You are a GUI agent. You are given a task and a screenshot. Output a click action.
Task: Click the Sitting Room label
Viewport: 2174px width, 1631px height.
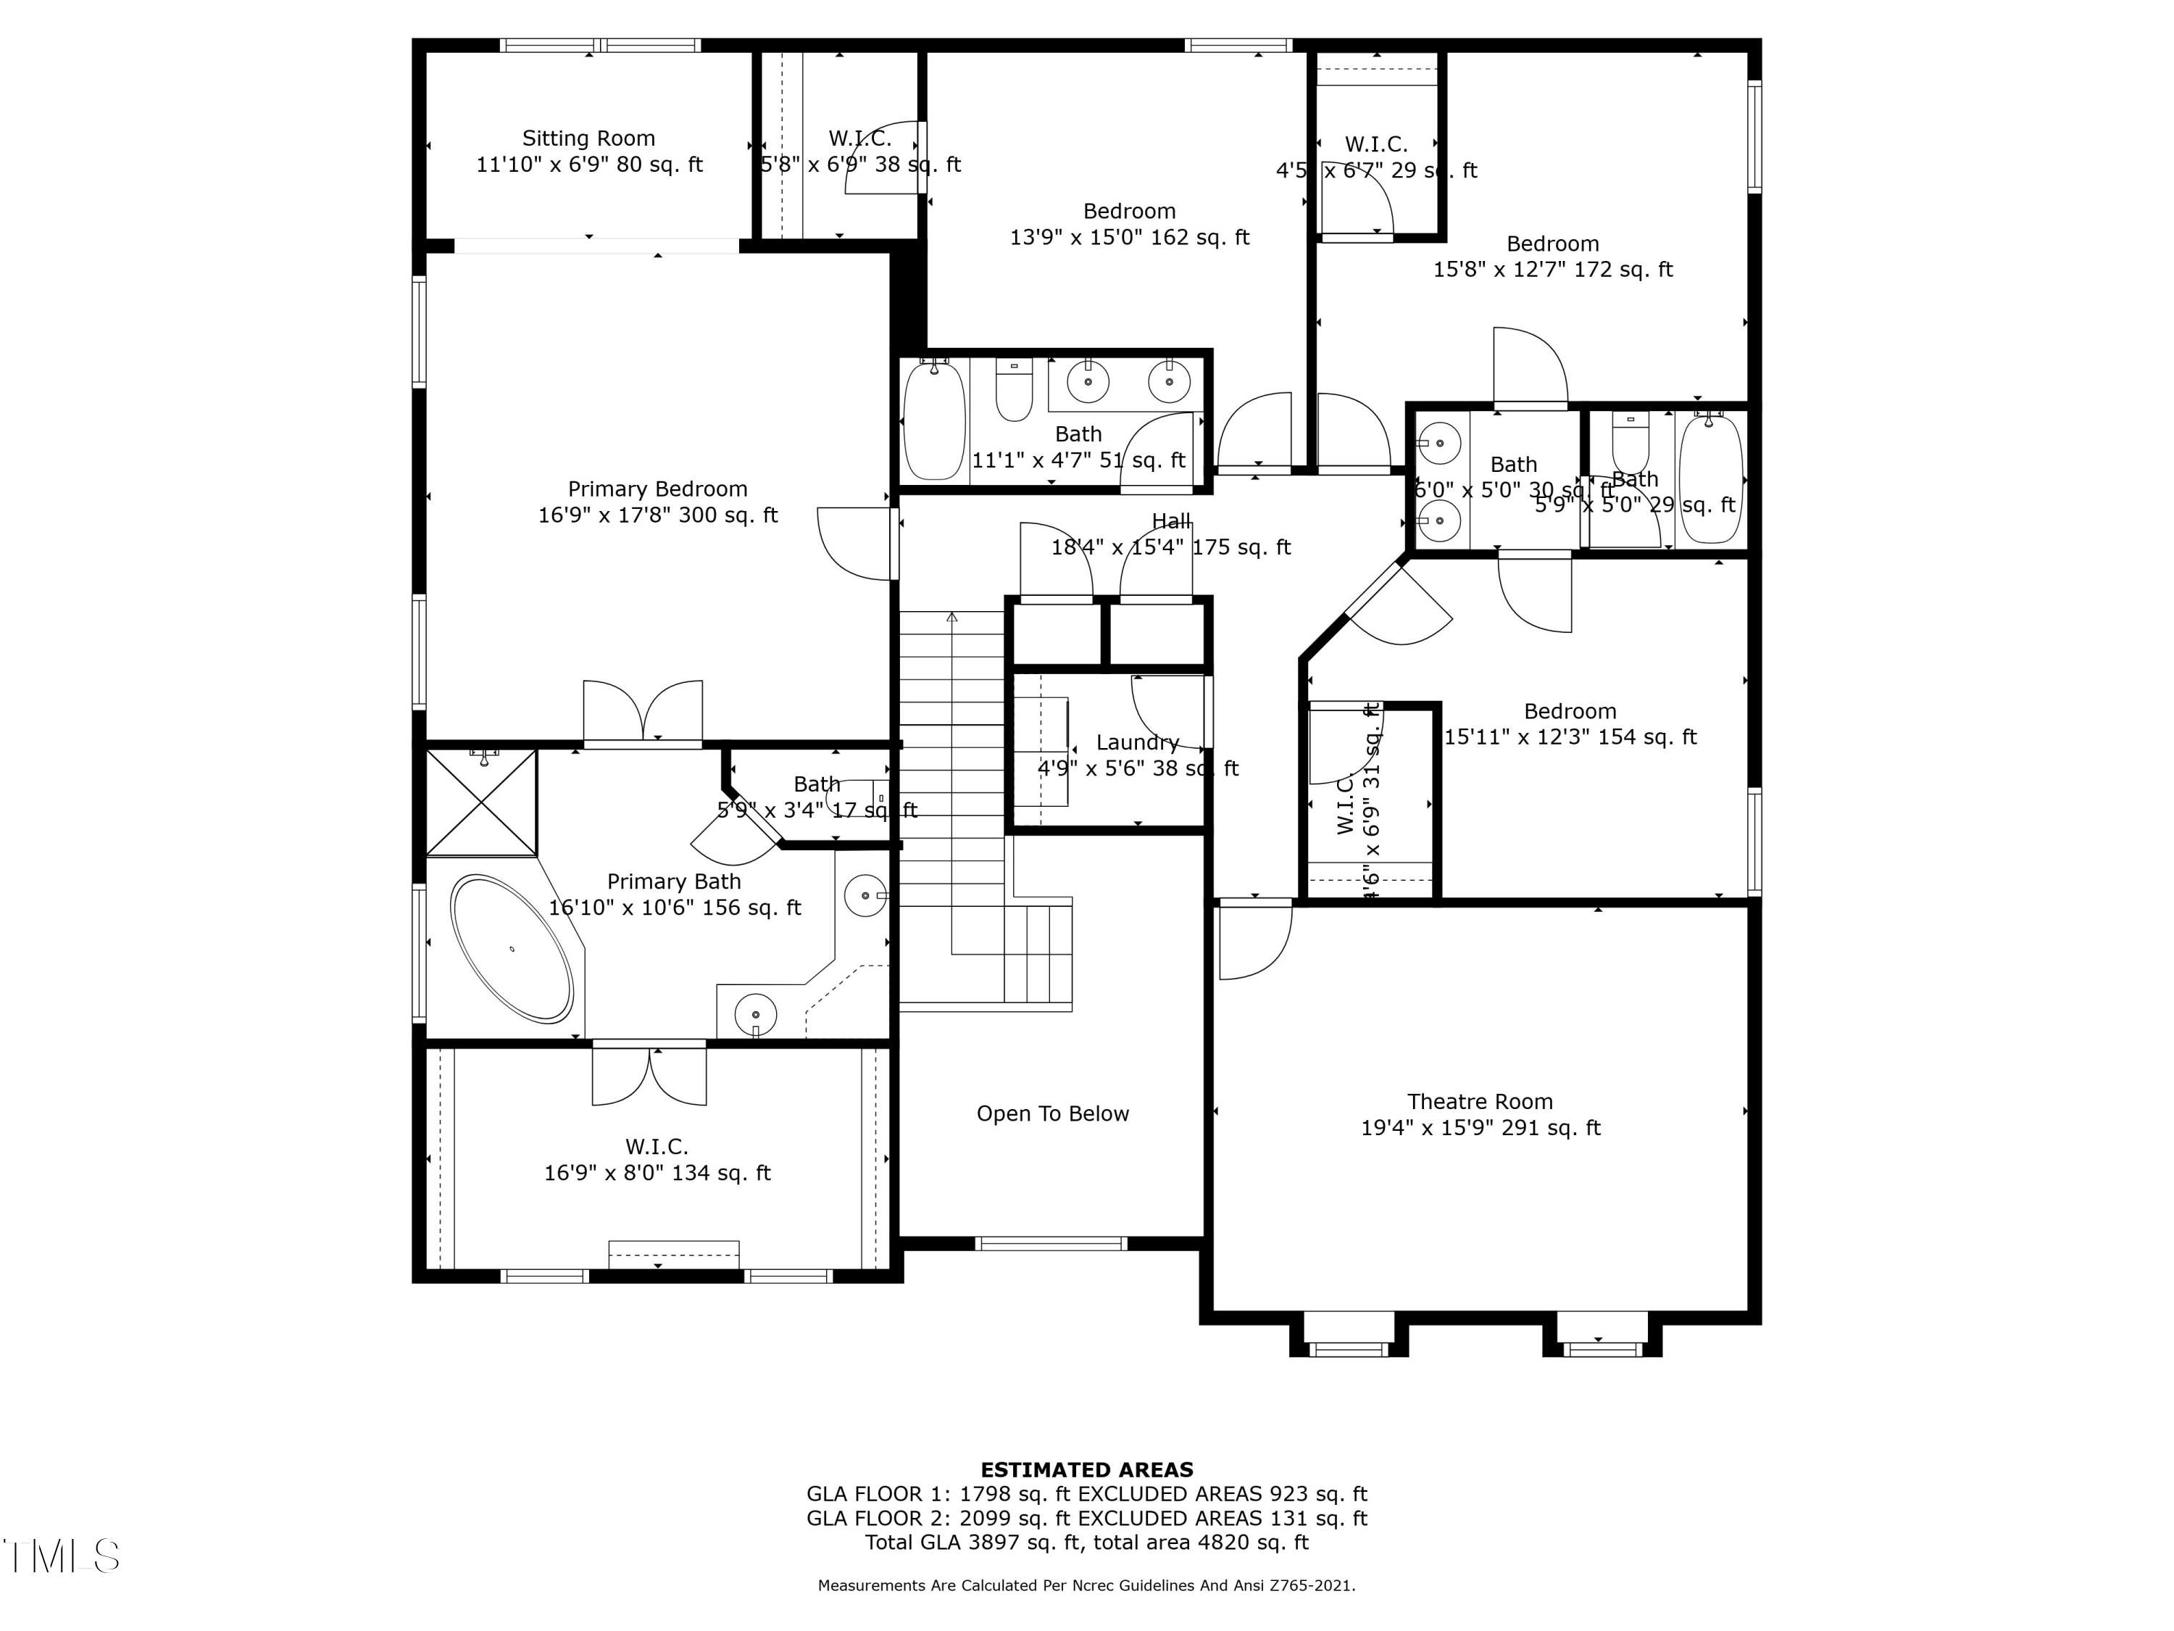(x=588, y=138)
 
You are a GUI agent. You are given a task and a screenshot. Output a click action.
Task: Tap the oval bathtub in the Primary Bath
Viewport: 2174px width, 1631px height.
(x=512, y=949)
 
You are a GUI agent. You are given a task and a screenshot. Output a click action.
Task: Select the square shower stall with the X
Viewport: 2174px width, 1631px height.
(x=482, y=802)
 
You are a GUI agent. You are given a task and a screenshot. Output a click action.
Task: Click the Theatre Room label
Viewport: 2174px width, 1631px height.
(x=1479, y=1102)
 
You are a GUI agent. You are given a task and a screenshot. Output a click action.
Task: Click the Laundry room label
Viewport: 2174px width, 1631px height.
(x=1137, y=743)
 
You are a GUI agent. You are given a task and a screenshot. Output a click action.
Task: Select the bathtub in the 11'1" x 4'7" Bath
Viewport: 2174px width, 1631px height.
(x=933, y=420)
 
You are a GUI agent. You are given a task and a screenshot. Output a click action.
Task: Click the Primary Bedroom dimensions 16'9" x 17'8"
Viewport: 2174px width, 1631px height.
(x=657, y=515)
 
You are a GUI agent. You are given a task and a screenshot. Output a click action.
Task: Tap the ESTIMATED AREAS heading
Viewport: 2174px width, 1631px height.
(x=1086, y=1470)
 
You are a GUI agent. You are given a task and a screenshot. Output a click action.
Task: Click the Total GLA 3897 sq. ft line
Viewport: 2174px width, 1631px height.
(x=1086, y=1543)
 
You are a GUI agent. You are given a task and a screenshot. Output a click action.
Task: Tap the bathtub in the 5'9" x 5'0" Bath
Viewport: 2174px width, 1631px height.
(x=1710, y=478)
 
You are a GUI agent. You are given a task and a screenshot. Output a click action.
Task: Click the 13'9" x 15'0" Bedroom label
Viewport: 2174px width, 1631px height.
(x=1128, y=212)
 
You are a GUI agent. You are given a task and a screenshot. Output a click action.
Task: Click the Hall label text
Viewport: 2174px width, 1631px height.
(x=1170, y=522)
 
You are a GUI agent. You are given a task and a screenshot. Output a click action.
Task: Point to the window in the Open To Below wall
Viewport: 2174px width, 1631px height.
(x=1051, y=1244)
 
